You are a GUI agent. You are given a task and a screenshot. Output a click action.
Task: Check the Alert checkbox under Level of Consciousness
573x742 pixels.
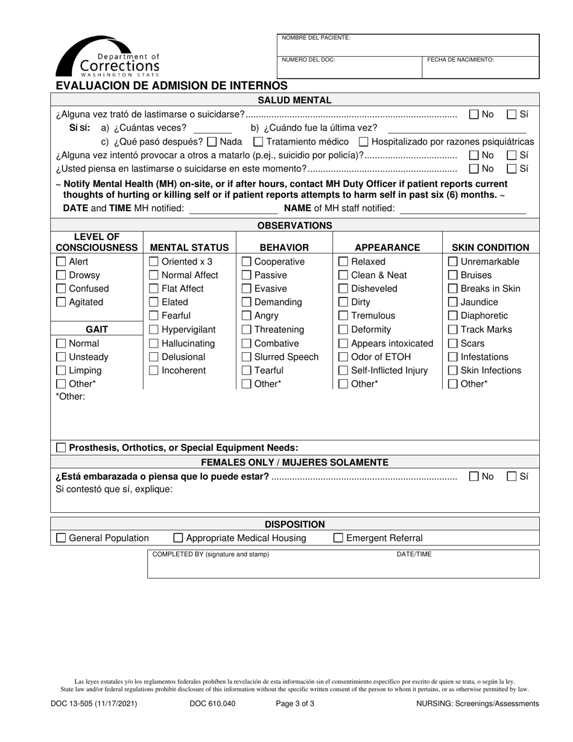pyautogui.click(x=61, y=262)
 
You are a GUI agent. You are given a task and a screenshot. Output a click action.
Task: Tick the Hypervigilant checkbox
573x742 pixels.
pyautogui.click(x=154, y=330)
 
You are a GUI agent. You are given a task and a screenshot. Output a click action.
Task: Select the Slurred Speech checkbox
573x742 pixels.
pyautogui.click(x=247, y=357)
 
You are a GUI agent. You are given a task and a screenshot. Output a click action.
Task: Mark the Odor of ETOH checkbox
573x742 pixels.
pyautogui.click(x=343, y=357)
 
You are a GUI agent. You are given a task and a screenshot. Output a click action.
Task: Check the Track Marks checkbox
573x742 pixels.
pyautogui.click(x=453, y=330)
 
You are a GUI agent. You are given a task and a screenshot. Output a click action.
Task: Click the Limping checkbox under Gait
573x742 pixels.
pyautogui.click(x=61, y=371)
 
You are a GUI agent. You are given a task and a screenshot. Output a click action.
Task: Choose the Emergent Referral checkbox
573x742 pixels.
pyautogui.click(x=338, y=539)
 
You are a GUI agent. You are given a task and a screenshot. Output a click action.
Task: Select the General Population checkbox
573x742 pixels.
pyautogui.click(x=61, y=539)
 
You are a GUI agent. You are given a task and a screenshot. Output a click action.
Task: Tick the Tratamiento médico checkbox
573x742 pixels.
pyautogui.click(x=258, y=142)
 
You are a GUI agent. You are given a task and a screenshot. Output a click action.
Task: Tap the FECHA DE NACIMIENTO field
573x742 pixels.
pyautogui.click(x=480, y=68)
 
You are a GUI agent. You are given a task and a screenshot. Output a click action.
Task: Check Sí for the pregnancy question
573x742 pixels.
pyautogui.click(x=511, y=477)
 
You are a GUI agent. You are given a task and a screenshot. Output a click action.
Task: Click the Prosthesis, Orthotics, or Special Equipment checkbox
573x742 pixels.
pyautogui.click(x=61, y=448)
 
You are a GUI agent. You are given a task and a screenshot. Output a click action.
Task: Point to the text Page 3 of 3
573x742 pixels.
pyautogui.click(x=295, y=703)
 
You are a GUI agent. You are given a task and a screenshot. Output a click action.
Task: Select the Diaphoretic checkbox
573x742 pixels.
pyautogui.click(x=453, y=316)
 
